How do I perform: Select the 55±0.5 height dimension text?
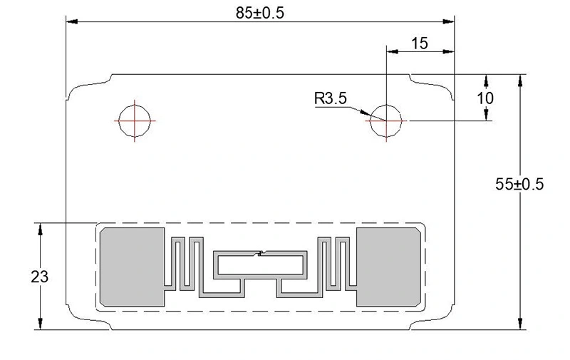point(519,184)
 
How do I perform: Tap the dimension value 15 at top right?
point(420,43)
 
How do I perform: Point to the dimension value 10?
point(486,98)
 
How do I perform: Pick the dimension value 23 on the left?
point(40,277)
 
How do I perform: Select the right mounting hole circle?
point(385,120)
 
